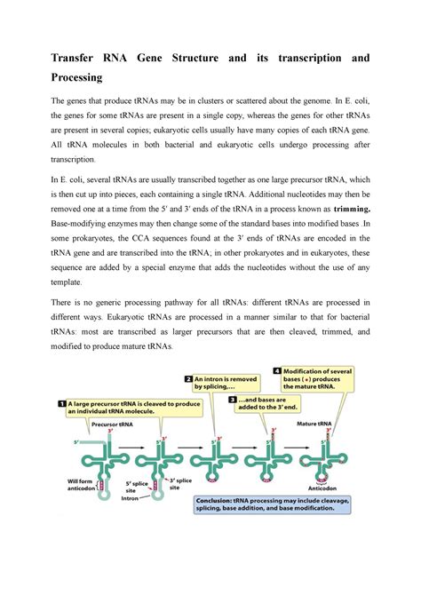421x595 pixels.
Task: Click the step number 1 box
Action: tap(60, 404)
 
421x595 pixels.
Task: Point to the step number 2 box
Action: tap(188, 377)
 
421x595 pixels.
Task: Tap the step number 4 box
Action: tap(277, 370)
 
